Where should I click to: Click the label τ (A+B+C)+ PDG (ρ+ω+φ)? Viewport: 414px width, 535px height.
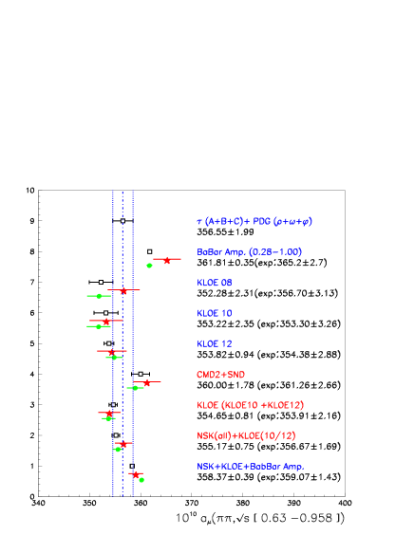(254, 222)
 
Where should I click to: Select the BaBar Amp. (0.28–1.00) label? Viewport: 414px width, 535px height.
(249, 252)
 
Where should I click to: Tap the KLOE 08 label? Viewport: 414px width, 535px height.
(215, 283)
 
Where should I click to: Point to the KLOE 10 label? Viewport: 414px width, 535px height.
(215, 313)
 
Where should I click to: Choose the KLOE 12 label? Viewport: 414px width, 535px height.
(215, 343)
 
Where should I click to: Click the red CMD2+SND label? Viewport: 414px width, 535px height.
(220, 375)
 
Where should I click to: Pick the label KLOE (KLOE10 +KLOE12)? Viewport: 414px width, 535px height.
(250, 405)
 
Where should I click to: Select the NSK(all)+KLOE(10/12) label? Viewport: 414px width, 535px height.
(246, 435)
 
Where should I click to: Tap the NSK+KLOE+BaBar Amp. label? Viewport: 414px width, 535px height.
(250, 467)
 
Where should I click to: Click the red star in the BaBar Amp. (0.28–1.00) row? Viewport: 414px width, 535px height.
(167, 259)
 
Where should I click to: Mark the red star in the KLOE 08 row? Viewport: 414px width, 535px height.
(123, 290)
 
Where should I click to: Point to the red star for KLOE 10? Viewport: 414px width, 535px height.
(106, 322)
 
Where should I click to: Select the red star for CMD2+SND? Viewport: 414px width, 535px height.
(146, 382)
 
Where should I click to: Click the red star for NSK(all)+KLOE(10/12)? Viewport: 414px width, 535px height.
(122, 443)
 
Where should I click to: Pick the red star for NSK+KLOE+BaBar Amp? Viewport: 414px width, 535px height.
(136, 473)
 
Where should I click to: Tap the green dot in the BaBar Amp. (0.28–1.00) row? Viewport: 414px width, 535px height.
(149, 266)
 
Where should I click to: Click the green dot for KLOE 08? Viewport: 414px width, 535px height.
(99, 296)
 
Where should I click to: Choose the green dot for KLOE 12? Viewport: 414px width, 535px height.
(114, 358)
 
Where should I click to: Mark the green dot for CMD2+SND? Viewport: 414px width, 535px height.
(136, 388)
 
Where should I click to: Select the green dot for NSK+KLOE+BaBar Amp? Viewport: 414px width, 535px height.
(141, 480)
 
